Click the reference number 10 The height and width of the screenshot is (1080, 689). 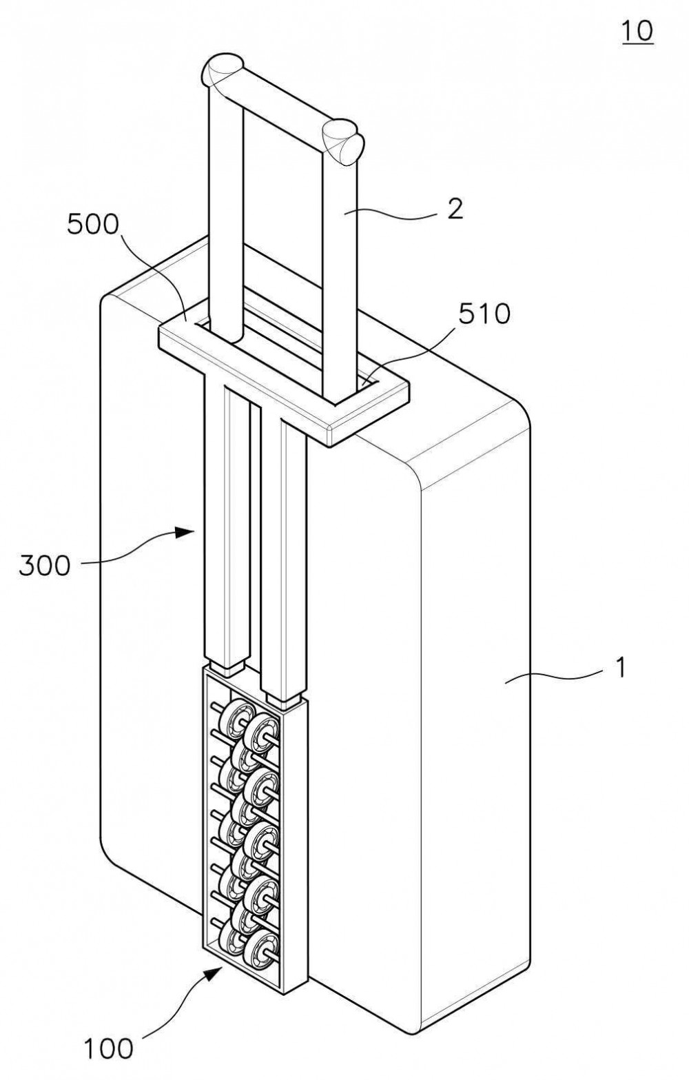[x=637, y=31]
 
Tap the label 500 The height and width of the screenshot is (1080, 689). [x=92, y=225]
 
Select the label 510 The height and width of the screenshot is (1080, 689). [x=484, y=314]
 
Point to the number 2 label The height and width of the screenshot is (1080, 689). [x=455, y=210]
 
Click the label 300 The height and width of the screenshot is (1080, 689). [x=45, y=565]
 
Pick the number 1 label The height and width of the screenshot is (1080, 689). [x=621, y=669]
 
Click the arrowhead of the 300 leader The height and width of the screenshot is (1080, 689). [x=185, y=532]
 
